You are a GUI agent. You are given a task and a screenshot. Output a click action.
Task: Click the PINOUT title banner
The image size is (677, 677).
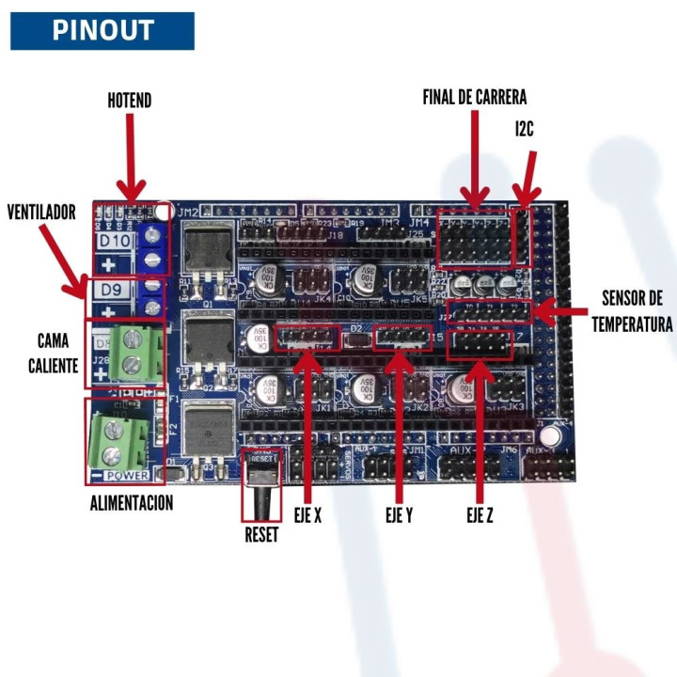[x=102, y=30]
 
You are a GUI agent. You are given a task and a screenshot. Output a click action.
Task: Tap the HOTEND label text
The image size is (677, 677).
[x=129, y=101]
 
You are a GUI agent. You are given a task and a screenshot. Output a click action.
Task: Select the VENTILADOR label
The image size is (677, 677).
[x=41, y=213]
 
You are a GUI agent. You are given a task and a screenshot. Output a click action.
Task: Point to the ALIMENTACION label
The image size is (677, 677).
[x=132, y=503]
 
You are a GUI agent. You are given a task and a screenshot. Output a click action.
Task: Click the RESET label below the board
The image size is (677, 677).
[x=262, y=533]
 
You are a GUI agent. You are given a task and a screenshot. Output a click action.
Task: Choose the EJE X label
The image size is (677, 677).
[x=306, y=515]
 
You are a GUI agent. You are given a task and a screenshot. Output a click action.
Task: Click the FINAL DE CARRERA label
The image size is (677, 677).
[x=474, y=97]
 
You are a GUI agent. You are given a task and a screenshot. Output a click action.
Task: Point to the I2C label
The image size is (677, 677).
[x=525, y=129]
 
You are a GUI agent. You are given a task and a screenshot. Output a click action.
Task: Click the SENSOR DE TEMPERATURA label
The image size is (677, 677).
[x=631, y=311]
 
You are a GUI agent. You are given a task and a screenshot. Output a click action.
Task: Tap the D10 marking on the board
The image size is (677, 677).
[x=116, y=240]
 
